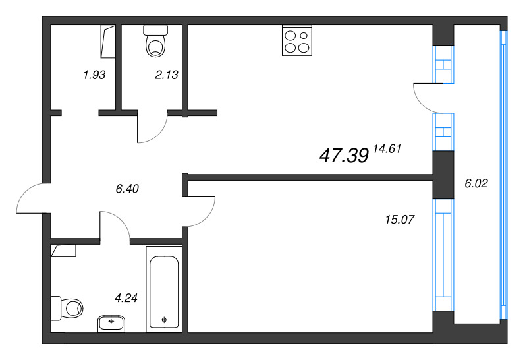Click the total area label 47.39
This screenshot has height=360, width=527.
click(343, 156)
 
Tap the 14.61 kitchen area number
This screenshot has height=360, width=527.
click(387, 149)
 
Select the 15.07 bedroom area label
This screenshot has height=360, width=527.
click(399, 219)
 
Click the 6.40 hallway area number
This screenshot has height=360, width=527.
click(126, 189)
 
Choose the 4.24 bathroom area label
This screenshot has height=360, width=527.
click(126, 297)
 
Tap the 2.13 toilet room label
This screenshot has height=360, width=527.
click(166, 75)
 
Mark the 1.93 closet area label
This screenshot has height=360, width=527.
click(94, 75)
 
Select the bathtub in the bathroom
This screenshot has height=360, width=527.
click(163, 287)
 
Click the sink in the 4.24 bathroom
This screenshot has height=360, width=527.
click(111, 323)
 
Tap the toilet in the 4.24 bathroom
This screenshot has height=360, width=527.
click(68, 307)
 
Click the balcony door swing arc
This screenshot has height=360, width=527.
click(423, 98)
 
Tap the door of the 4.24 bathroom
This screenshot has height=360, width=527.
click(116, 224)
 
